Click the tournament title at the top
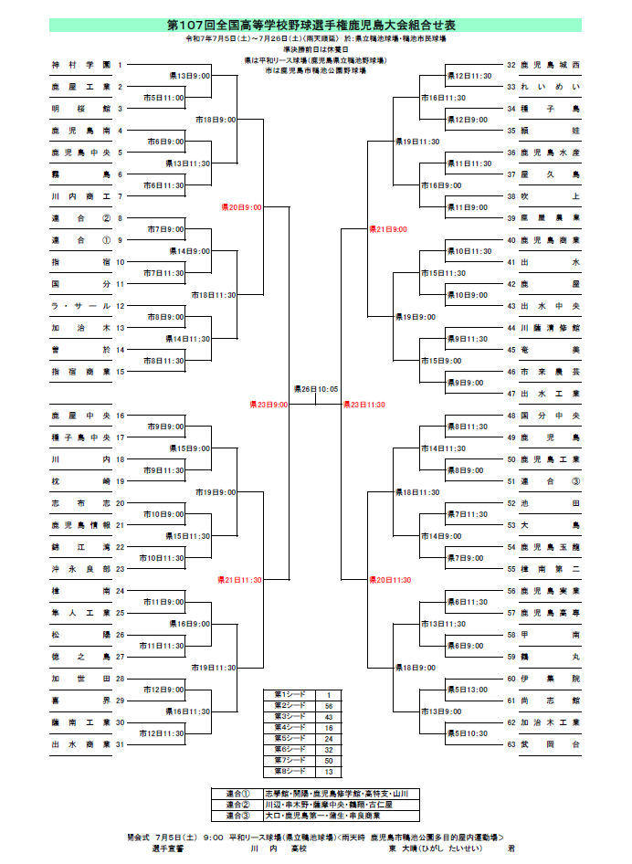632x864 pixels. coord(315,25)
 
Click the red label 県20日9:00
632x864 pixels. coord(241,208)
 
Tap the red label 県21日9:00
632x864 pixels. coord(388,229)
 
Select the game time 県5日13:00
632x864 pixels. coord(466,690)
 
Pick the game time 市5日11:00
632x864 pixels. coord(163,98)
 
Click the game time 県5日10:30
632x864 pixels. coord(466,733)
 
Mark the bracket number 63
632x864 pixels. coord(511,744)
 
